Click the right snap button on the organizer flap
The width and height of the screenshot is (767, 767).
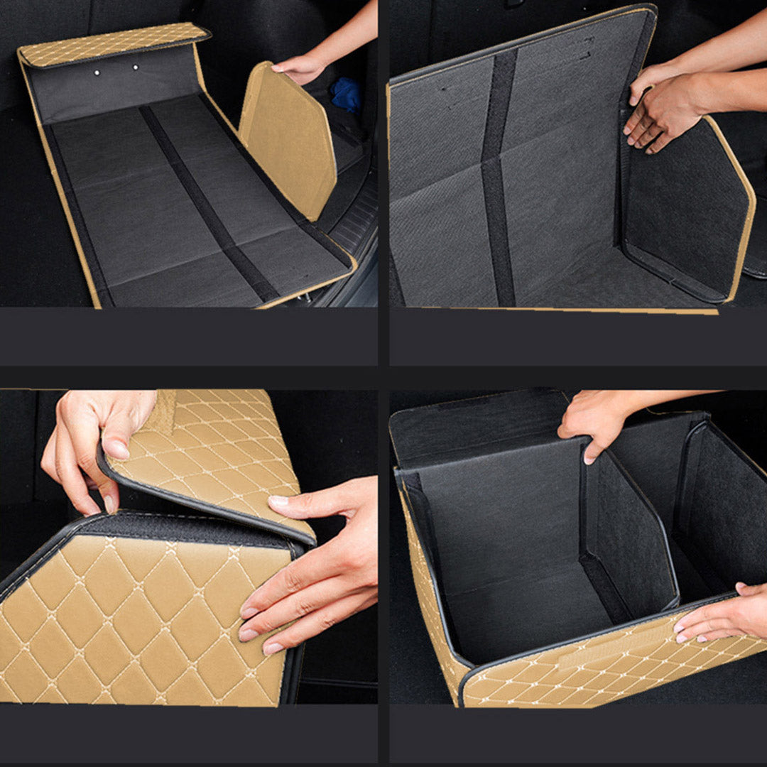[135, 67]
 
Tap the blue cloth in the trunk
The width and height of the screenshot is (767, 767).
[346, 94]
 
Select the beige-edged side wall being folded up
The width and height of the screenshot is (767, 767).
[685, 206]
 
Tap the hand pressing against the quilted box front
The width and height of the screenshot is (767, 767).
[305, 568]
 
